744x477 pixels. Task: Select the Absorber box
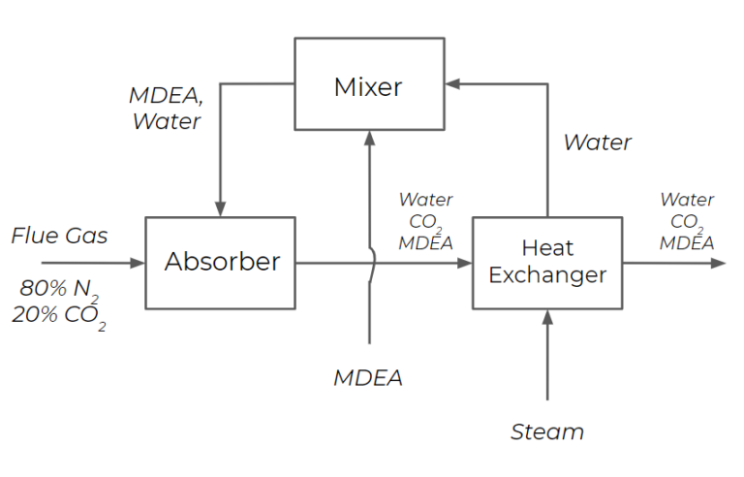[x=221, y=262]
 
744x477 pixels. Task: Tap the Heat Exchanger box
[x=547, y=262]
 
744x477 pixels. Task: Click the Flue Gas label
[x=59, y=236]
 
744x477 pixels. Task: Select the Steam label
[x=547, y=431]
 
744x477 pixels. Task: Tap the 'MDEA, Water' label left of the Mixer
[x=165, y=109]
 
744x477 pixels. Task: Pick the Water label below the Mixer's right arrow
[x=597, y=143]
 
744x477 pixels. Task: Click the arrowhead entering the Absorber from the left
[x=138, y=262]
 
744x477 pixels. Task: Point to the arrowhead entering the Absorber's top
[x=221, y=209]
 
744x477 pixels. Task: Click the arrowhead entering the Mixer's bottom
[x=369, y=137]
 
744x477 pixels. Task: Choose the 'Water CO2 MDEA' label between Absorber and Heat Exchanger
[x=425, y=221]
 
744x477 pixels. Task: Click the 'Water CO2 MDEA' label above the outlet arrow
[x=687, y=221]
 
